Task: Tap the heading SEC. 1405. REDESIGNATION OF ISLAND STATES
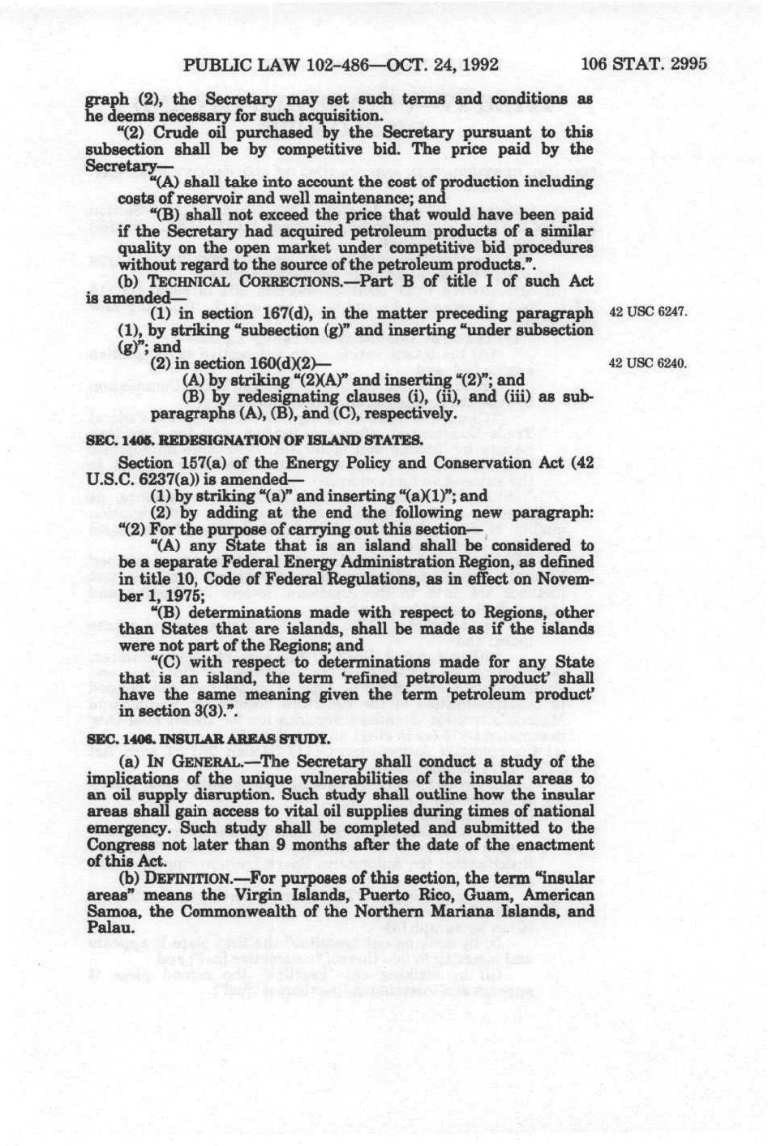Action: click(x=253, y=440)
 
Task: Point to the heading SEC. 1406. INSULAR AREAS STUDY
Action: click(x=208, y=739)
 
